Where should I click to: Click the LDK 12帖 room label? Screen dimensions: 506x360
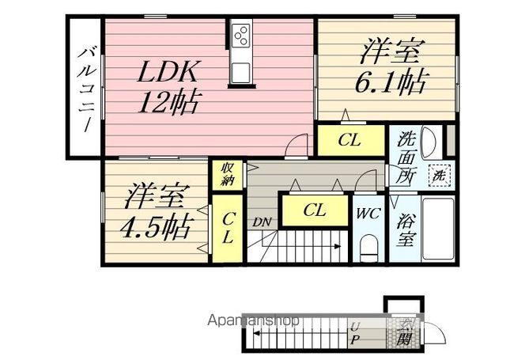[168, 86]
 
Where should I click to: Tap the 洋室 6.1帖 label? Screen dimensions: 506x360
[391, 66]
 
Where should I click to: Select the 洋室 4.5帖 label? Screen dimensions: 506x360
[155, 211]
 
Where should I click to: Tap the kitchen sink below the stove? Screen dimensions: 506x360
[240, 72]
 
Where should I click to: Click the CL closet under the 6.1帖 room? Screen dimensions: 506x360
[351, 140]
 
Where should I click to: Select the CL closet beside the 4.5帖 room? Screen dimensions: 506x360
[227, 229]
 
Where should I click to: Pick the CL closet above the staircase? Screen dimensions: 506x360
[315, 210]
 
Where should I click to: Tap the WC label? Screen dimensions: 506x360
[368, 214]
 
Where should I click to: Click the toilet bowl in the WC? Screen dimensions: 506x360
[368, 248]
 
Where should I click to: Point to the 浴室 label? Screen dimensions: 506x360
[405, 230]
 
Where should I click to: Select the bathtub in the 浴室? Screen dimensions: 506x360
[438, 229]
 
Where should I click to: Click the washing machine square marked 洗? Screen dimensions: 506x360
[439, 176]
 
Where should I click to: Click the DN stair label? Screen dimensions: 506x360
[262, 222]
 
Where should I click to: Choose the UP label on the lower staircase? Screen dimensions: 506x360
[355, 333]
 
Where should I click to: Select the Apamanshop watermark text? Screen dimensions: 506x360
[254, 320]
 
